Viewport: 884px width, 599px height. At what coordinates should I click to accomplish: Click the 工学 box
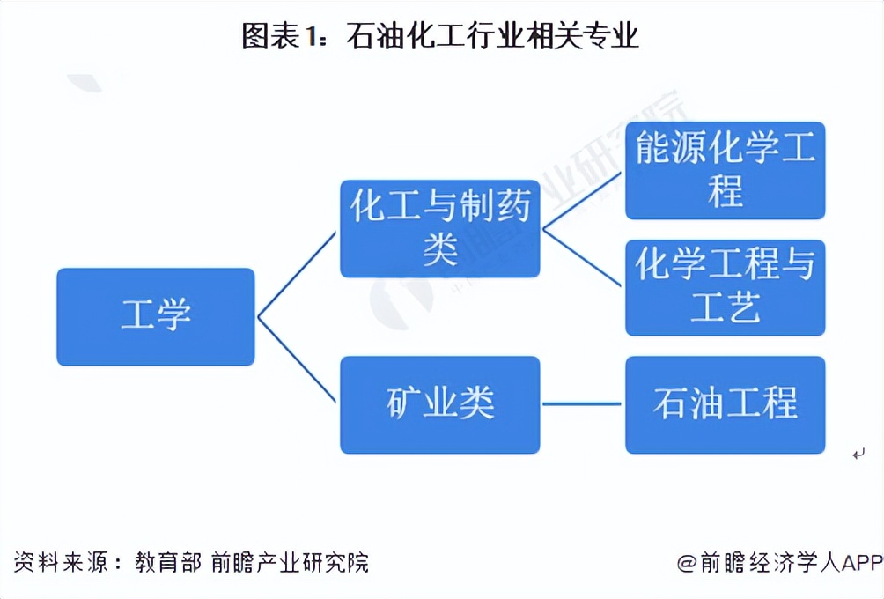pos(156,316)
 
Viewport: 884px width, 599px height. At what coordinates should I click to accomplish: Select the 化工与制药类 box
pos(440,228)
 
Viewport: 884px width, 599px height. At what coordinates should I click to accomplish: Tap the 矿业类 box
pos(440,404)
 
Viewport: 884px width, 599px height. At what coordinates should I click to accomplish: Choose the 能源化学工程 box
pos(725,170)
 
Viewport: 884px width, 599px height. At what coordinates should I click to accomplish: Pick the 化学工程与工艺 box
pos(725,287)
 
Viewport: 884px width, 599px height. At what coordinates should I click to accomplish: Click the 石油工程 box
pos(725,404)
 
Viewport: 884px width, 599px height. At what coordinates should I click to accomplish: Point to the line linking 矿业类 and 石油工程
pos(583,404)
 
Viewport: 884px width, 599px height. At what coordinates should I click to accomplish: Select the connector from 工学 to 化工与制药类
pos(297,274)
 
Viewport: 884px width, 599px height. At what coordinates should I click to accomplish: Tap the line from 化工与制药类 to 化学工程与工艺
pos(583,258)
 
